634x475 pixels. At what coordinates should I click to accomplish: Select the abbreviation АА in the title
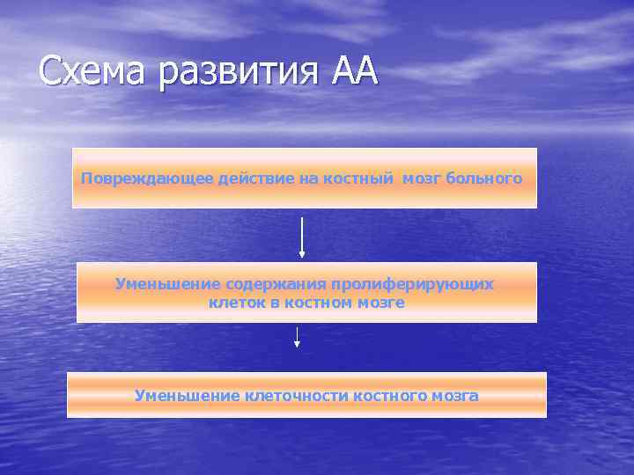354,70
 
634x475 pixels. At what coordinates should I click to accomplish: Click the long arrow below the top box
302,237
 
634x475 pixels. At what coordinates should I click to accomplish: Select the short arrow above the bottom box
298,337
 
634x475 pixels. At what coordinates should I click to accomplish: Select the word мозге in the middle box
383,303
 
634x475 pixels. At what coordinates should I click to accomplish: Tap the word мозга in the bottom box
455,396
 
